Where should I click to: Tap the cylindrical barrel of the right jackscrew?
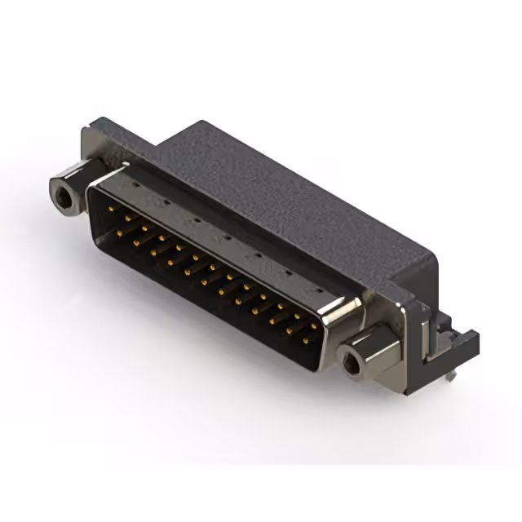point(371,347)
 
